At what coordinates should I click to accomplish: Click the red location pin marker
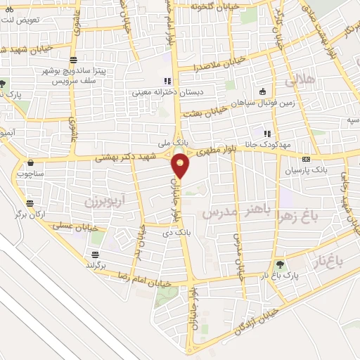(x=181, y=165)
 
